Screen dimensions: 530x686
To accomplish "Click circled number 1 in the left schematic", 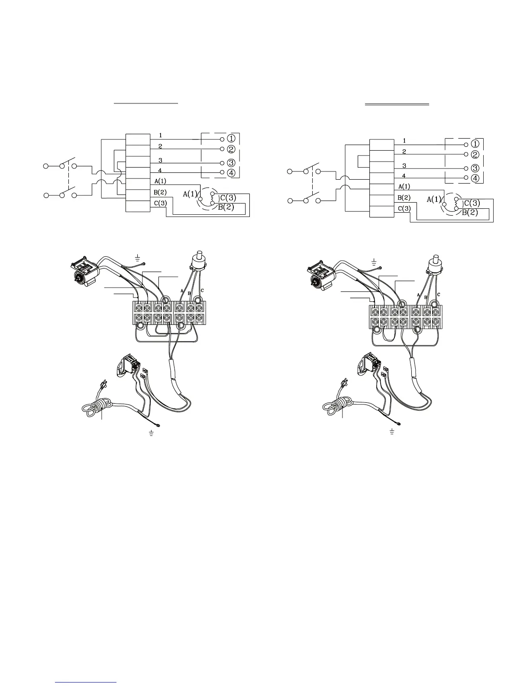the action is click(x=231, y=139).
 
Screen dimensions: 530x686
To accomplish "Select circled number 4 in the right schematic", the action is click(x=475, y=178).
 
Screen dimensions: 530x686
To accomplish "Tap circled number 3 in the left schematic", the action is click(x=231, y=163).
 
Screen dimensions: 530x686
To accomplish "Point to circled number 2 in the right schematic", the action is click(x=475, y=154).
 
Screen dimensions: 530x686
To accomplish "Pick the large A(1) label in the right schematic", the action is click(x=434, y=199).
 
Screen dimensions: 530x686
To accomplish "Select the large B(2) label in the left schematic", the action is click(x=226, y=207).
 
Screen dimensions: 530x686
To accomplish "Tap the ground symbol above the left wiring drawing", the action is click(x=137, y=259).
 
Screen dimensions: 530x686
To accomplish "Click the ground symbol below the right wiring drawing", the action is click(x=392, y=431).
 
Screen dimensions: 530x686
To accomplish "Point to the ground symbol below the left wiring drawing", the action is click(x=151, y=433).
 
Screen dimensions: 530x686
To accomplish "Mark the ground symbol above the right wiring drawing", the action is click(x=374, y=261).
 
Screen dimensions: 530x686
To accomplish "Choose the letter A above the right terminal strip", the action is click(x=418, y=294).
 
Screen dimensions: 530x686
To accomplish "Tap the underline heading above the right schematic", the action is click(x=397, y=104).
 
